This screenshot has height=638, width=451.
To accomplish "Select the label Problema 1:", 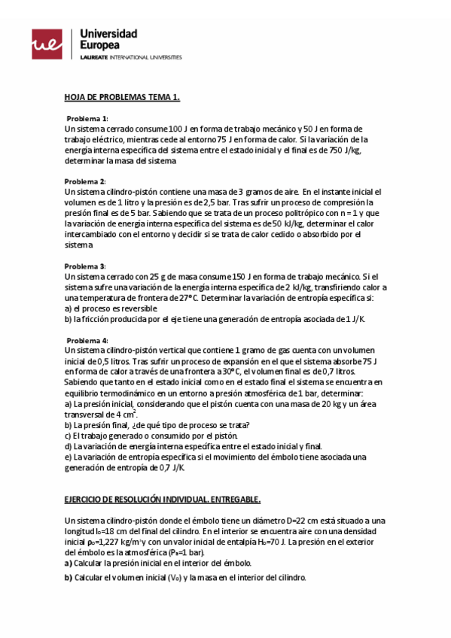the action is point(87,119).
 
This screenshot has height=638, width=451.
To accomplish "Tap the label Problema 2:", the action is point(85,181).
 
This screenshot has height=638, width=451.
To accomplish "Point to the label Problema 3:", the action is point(85,266).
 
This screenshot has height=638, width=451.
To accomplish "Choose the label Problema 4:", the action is point(85,340).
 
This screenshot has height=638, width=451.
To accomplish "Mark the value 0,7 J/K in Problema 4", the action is point(171,467).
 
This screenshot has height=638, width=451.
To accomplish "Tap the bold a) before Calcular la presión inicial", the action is point(68,563).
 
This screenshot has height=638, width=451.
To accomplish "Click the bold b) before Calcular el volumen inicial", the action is point(68,577).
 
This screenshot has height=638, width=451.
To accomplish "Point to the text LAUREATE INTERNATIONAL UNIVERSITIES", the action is point(130,57).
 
